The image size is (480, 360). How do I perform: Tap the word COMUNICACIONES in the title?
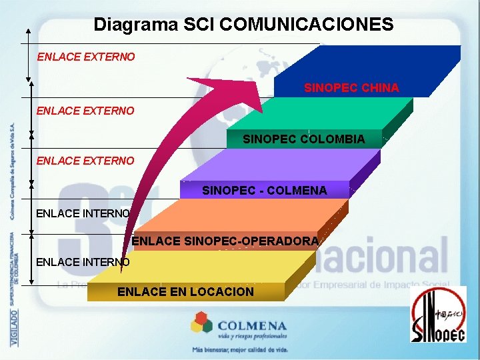pyautogui.click(x=306, y=25)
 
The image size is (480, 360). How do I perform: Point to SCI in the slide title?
pyautogui.click(x=197, y=25)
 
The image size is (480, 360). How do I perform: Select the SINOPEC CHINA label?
pyautogui.click(x=351, y=88)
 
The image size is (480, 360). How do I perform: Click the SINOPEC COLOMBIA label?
pyautogui.click(x=303, y=139)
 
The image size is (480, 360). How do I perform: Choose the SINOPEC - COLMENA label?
pyautogui.click(x=264, y=191)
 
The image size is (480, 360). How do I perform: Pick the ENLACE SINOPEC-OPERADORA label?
pyautogui.click(x=225, y=241)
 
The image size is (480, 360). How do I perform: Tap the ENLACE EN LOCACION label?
pyautogui.click(x=185, y=291)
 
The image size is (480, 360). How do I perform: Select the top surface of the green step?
pyautogui.click(x=333, y=113)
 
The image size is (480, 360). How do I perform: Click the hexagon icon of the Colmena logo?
pyautogui.click(x=201, y=325)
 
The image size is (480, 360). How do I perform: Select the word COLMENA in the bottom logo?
pyautogui.click(x=252, y=326)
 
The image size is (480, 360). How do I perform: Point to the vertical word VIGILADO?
pyautogui.click(x=13, y=327)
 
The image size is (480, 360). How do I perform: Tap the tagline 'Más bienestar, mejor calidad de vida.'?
pyautogui.click(x=240, y=349)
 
